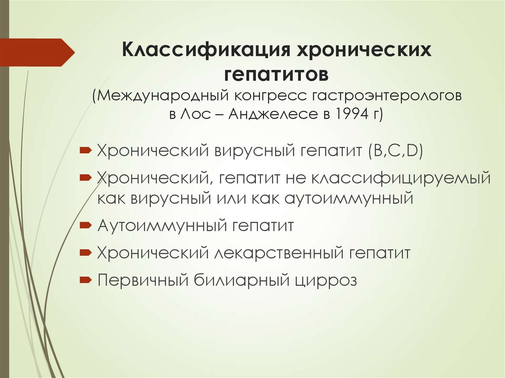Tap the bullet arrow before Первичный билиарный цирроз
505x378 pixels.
pos(84,280)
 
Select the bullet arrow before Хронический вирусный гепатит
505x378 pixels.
pos(84,149)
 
